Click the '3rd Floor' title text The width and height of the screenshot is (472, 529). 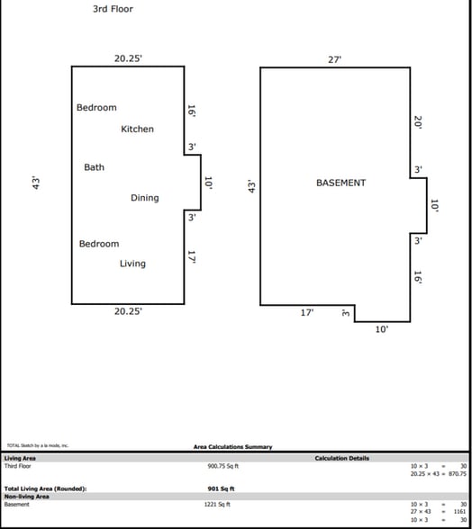(x=113, y=9)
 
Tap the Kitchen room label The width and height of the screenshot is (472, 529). (x=137, y=129)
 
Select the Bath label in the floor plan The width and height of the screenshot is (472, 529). (x=94, y=167)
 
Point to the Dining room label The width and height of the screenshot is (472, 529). (x=144, y=198)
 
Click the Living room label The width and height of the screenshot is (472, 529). (x=132, y=264)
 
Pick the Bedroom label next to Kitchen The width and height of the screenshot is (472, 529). (x=96, y=108)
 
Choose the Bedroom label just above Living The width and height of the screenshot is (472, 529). (x=98, y=244)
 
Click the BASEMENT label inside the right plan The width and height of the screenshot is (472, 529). (x=340, y=183)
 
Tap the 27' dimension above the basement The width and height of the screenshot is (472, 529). (x=335, y=59)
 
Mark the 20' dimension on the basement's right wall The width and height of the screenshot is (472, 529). (x=419, y=122)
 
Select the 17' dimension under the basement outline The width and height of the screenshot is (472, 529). (x=306, y=313)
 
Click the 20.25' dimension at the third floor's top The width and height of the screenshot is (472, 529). (x=127, y=58)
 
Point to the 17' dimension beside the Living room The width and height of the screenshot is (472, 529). (x=192, y=257)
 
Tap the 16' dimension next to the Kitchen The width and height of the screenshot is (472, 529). (x=192, y=111)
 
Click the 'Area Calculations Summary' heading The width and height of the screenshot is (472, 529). (x=232, y=446)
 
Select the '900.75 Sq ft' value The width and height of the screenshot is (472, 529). (x=223, y=466)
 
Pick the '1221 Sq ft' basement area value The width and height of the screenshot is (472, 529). (x=219, y=505)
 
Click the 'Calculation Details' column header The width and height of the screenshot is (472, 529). (x=341, y=458)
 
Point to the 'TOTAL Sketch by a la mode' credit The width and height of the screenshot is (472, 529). (x=37, y=445)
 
